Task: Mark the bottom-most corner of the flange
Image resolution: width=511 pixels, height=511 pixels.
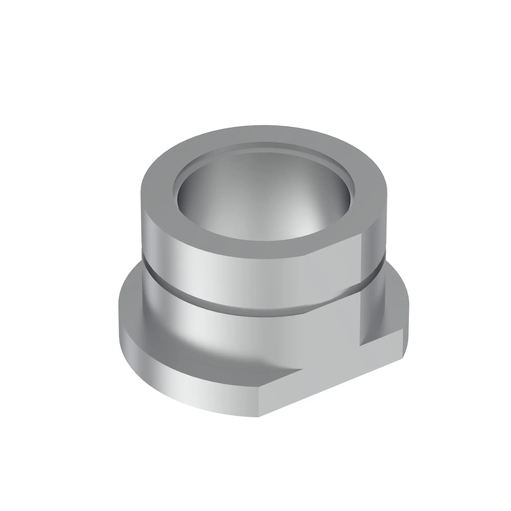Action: pos(259,417)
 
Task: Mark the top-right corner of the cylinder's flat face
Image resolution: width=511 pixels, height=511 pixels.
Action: pos(361,234)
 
